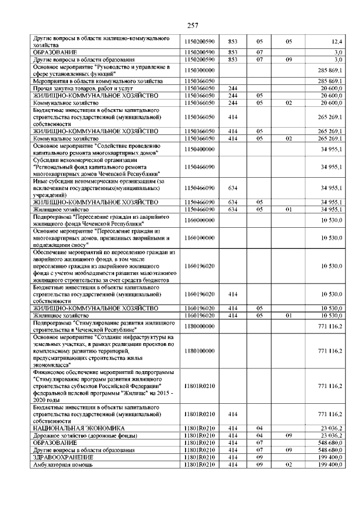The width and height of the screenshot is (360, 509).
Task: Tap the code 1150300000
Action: [200, 71]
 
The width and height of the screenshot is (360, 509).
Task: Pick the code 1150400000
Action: [200, 149]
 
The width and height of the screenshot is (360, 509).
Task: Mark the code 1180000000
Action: [200, 326]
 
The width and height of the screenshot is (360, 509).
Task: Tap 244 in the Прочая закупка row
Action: [233, 88]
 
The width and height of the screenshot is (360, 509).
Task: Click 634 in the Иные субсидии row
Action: [233, 188]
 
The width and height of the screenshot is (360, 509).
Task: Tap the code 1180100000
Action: [200, 351]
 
